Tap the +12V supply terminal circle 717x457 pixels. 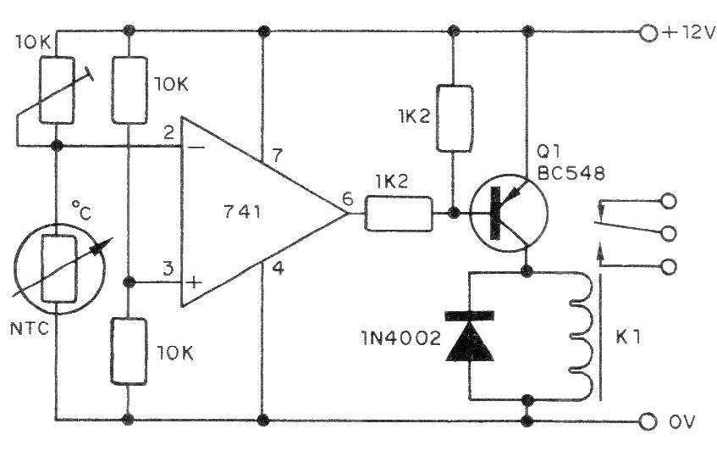(x=649, y=33)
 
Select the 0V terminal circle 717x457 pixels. (x=649, y=421)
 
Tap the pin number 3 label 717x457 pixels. (x=169, y=269)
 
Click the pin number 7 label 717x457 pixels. (x=277, y=155)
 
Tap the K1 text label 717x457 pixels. (x=630, y=337)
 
